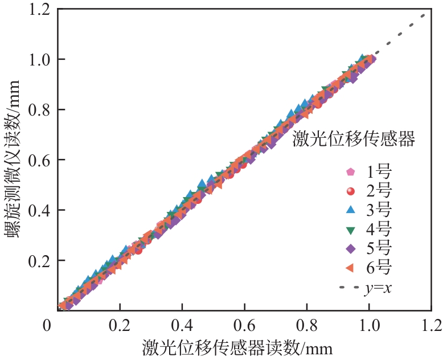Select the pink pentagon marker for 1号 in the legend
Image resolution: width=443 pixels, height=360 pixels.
[x=351, y=171]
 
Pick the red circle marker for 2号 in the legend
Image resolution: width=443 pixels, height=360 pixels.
[x=351, y=191]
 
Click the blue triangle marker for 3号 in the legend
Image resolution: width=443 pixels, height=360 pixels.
[x=351, y=210]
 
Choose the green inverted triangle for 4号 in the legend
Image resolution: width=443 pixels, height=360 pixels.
[x=351, y=230]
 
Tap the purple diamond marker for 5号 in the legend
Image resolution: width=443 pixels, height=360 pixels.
[x=351, y=248]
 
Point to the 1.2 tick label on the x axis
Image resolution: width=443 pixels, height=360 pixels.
[x=432, y=325]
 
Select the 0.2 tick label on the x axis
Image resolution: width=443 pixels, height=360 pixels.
[x=119, y=325]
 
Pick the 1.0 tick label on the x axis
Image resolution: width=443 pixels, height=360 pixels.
[x=369, y=325]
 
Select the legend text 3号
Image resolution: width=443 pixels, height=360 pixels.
[x=379, y=210]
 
